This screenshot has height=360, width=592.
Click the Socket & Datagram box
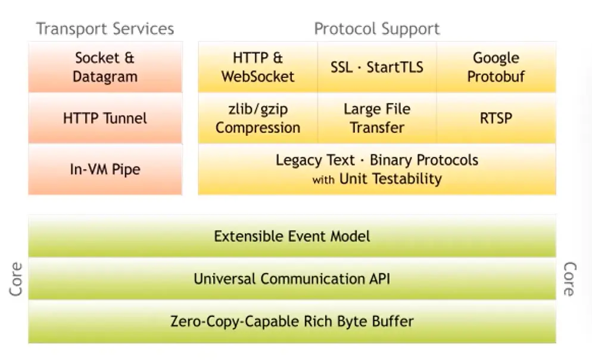tap(105, 67)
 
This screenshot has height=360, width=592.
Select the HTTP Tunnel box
tap(105, 118)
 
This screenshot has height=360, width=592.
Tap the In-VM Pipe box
tap(105, 169)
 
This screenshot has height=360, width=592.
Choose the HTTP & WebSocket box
tap(258, 67)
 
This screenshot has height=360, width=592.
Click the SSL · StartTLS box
tap(377, 67)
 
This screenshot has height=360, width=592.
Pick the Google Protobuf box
tap(496, 67)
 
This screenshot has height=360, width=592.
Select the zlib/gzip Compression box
tap(258, 118)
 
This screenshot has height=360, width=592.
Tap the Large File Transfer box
tap(377, 118)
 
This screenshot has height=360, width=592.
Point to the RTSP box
tap(496, 118)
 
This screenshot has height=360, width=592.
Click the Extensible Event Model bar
tap(292, 236)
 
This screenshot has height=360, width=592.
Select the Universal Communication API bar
tap(292, 278)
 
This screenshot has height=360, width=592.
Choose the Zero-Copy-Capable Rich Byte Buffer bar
tap(292, 322)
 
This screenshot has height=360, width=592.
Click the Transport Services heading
tap(105, 29)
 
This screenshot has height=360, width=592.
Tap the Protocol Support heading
tap(377, 29)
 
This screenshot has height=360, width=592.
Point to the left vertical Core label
tap(16, 279)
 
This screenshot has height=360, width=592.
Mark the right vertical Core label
tap(569, 279)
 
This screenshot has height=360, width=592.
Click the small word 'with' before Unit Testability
tap(323, 179)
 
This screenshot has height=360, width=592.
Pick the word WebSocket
tap(258, 76)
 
